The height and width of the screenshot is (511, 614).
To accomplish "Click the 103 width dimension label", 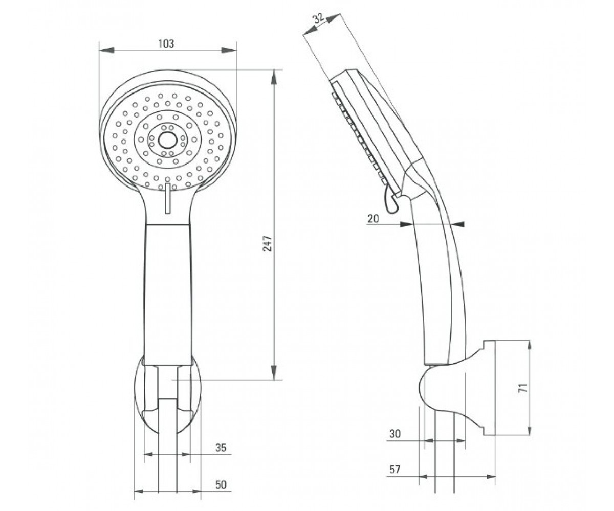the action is (166, 44).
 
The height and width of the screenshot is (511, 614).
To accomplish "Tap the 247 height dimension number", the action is (268, 243).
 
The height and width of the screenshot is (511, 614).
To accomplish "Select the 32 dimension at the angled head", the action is (319, 18).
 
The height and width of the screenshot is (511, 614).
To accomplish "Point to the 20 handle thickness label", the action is (373, 219).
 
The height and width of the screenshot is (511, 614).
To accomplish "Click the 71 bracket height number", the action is (523, 388).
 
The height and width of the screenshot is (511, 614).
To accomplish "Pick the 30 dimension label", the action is (395, 434).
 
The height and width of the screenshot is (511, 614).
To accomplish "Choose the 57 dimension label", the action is (395, 469).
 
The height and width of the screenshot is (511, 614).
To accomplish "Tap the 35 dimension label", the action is (221, 448).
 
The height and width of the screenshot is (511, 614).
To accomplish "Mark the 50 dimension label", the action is (221, 484).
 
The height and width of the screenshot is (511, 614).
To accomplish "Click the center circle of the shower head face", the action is (168, 141).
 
